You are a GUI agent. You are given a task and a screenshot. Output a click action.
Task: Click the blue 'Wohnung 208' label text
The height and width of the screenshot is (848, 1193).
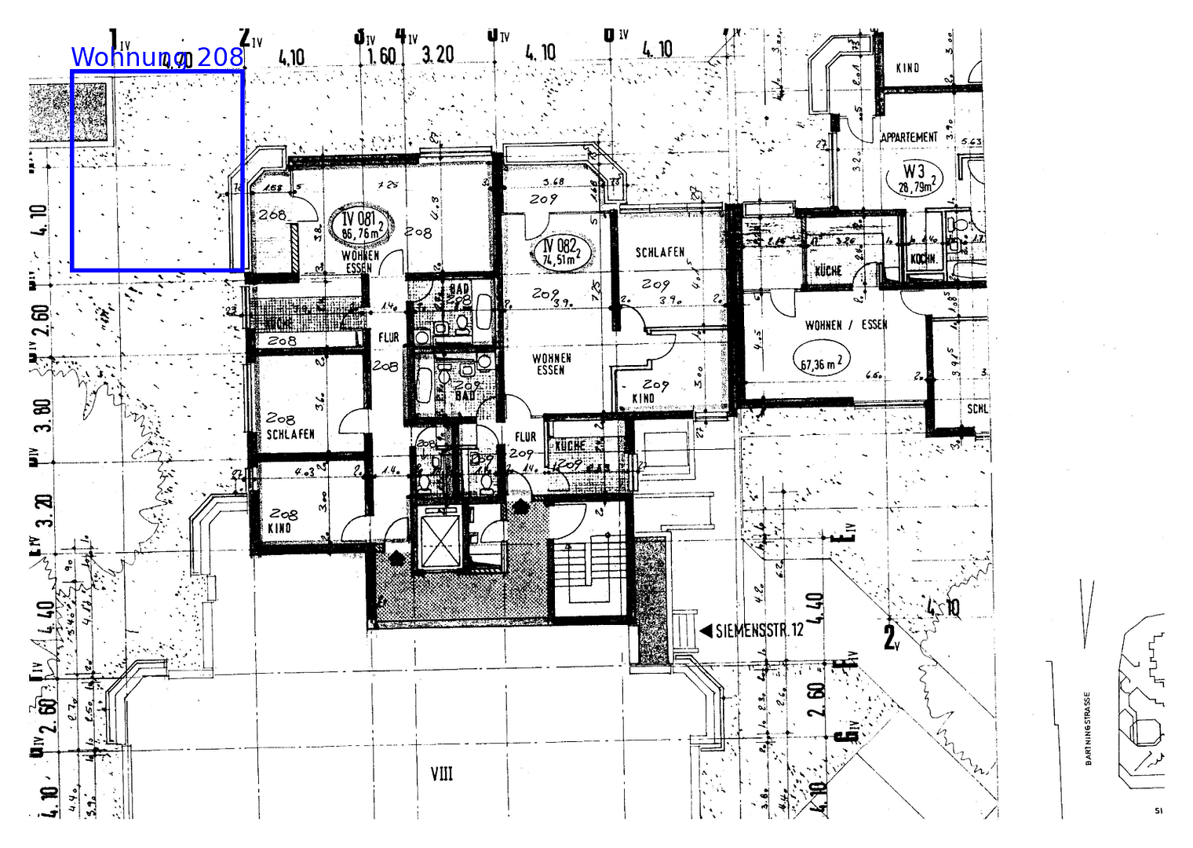[157, 57]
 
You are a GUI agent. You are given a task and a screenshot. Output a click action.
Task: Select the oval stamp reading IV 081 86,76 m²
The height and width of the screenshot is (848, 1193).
[359, 225]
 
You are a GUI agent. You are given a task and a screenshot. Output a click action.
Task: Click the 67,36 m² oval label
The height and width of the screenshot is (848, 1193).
[821, 361]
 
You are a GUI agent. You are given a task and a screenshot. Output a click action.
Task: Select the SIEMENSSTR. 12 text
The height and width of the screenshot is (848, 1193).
[759, 631]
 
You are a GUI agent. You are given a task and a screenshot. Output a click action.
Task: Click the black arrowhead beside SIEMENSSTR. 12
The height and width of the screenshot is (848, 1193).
[705, 631]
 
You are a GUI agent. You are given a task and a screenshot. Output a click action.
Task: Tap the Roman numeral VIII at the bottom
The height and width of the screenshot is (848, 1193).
[442, 774]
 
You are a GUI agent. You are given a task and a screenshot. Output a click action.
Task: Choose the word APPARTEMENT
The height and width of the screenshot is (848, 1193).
[909, 137]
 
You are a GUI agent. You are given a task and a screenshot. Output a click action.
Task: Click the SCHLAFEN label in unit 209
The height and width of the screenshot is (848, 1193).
[659, 253]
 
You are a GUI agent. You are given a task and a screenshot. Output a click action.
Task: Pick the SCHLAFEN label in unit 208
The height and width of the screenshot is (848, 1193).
[290, 434]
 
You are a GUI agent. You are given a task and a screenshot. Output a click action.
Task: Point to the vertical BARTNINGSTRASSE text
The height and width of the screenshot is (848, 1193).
[1088, 728]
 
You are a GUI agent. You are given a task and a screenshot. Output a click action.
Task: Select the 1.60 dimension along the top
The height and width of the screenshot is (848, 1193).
[381, 55]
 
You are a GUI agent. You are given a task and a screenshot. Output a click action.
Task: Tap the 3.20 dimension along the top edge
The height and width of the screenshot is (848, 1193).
[437, 54]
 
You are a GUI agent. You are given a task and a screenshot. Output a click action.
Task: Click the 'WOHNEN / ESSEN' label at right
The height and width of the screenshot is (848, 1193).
[845, 325]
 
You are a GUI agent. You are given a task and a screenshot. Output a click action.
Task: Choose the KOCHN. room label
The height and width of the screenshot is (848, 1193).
[922, 259]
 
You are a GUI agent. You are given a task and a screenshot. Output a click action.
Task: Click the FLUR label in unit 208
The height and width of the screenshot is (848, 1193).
[389, 338]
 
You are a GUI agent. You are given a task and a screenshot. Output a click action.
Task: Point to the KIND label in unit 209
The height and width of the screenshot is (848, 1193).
[643, 399]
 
